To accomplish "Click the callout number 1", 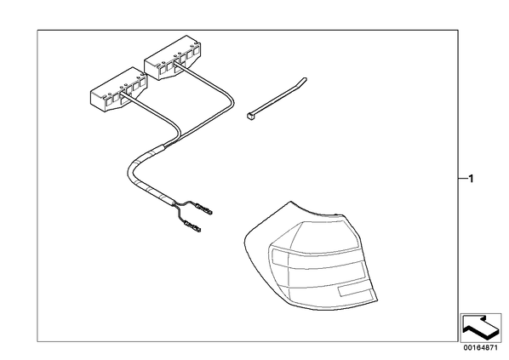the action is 471,179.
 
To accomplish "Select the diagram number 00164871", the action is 480,348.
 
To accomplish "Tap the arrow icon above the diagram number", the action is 481,327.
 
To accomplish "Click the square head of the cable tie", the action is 250,115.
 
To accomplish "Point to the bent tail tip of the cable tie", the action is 305,79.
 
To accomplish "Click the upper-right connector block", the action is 173,58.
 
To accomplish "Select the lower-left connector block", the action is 118,89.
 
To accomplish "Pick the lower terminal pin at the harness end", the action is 193,226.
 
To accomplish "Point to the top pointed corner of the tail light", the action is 291,201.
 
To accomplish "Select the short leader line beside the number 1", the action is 462,179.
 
